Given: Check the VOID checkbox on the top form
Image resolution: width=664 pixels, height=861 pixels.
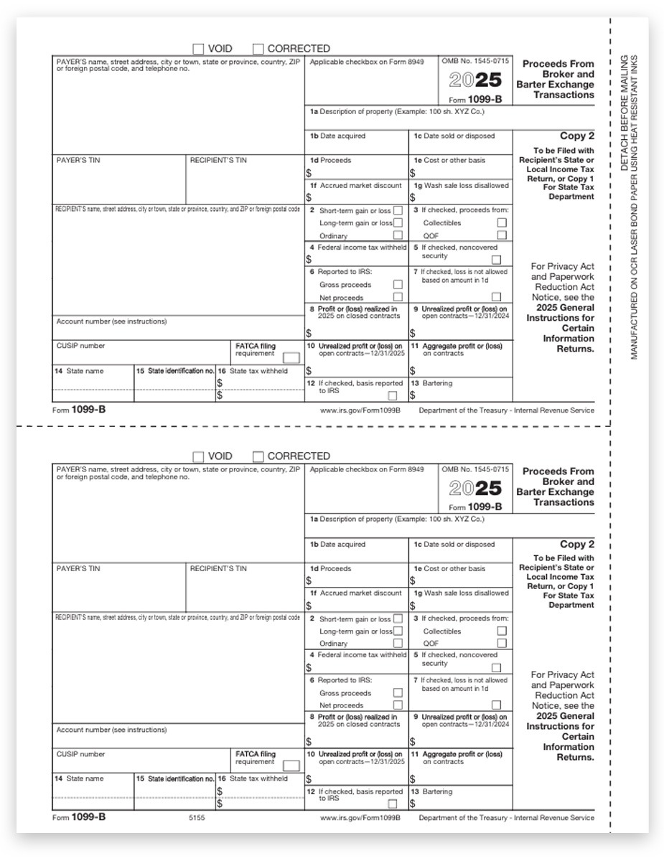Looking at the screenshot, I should coord(198,49).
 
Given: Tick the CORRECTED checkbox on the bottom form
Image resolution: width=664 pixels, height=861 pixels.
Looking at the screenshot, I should coord(258,456).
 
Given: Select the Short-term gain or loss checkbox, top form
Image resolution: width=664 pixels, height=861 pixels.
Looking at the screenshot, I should coord(398,210).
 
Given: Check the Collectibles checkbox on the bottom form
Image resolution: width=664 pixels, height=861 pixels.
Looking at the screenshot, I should coord(502,631).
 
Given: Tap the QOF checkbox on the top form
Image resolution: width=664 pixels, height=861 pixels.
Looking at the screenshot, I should coord(502,235).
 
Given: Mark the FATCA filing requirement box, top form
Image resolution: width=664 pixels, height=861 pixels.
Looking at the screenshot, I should coord(291,357).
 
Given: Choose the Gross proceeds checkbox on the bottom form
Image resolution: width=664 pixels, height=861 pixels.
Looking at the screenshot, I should coord(398,693).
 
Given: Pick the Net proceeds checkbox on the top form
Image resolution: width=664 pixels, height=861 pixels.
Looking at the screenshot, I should coord(398,296).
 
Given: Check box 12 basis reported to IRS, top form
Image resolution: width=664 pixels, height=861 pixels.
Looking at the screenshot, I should coord(393,395).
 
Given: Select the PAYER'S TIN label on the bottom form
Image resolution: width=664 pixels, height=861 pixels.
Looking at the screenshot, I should coord(78,568).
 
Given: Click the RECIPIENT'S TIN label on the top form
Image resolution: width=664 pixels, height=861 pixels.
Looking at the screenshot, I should coord(218,160).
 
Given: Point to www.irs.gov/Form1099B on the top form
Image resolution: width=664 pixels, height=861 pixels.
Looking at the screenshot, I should coord(360,410).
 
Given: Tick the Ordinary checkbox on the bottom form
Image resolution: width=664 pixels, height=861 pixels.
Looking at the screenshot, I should coord(398,643).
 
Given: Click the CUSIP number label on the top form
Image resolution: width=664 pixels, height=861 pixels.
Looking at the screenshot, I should coord(80,346).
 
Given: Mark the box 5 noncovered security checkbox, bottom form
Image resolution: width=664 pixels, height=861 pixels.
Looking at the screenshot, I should coord(496,667).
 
